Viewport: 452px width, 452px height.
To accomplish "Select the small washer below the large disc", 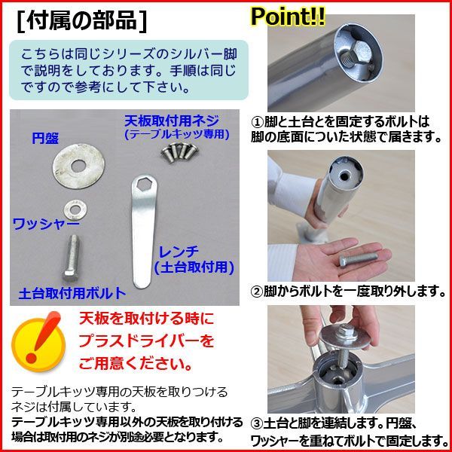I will point(74,206).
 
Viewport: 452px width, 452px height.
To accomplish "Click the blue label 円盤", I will point(44,139).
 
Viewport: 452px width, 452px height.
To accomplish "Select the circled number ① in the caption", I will point(256,121).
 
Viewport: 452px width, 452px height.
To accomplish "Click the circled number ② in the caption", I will point(256,291).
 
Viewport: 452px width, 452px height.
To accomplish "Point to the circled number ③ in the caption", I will point(256,424).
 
